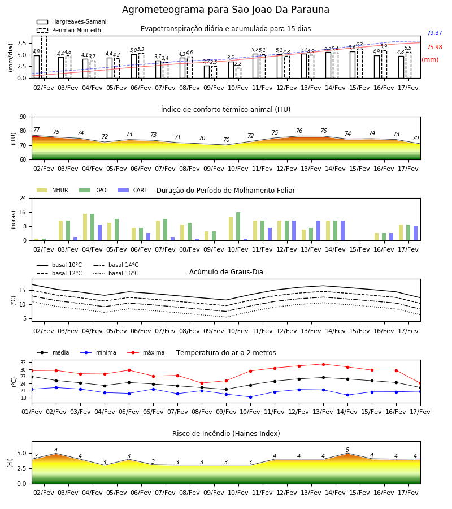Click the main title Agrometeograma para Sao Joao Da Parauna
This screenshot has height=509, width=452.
[x=225, y=10]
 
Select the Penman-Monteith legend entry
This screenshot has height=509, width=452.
[x=69, y=30]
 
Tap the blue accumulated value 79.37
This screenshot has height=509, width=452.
[x=434, y=33]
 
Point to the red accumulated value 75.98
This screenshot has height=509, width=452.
[x=434, y=47]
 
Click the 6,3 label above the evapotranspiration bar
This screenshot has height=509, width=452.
[x=359, y=45]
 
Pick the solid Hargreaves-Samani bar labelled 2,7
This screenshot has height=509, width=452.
[x=207, y=72]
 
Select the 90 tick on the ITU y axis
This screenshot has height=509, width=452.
[x=23, y=117]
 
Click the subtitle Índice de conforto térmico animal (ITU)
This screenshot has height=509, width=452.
[x=225, y=109]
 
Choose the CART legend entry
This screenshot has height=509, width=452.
[x=133, y=190]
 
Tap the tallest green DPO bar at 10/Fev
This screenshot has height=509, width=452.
[x=238, y=226]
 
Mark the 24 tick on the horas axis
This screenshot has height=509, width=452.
[x=23, y=198]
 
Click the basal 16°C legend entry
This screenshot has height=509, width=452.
[x=116, y=273]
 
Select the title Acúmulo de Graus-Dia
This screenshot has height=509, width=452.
[x=226, y=272]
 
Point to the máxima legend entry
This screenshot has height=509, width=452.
[x=146, y=352]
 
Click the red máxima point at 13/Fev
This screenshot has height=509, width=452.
[x=323, y=364]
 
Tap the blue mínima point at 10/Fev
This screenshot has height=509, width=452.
[x=250, y=397]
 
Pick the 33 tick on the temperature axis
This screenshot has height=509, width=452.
[x=23, y=363]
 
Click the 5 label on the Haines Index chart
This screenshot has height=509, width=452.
[x=347, y=450]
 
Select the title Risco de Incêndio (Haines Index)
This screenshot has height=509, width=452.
[x=226, y=434]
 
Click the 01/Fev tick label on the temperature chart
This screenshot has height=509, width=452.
[x=32, y=412]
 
